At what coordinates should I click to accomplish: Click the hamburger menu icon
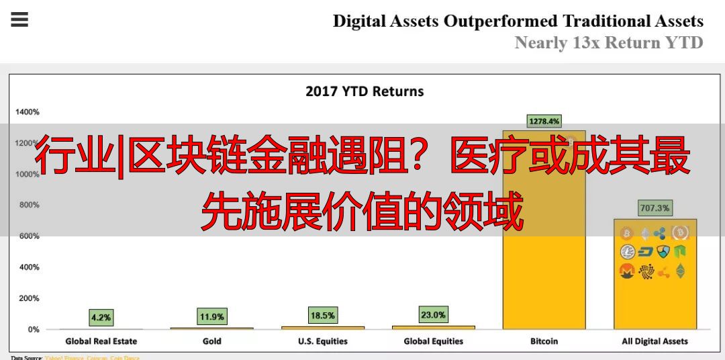pos(19,19)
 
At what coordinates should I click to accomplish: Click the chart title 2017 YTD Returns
pos(365,91)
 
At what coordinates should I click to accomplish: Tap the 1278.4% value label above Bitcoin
pos(544,122)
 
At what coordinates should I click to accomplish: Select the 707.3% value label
pos(655,208)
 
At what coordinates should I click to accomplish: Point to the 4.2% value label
pos(101,317)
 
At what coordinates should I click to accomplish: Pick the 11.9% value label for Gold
pos(211,316)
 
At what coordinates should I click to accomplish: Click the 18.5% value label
pos(323,314)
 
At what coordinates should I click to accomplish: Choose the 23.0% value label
pos(433,314)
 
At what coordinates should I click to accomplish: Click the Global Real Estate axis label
pos(101,341)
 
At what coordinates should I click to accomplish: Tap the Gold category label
pos(212,341)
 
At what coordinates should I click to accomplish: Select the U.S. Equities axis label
pos(323,341)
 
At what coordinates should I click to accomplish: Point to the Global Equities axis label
pos(434,341)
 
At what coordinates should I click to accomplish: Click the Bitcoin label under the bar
pos(544,341)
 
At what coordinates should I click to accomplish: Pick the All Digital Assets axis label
pos(655,341)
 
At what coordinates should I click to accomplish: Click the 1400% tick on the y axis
pos(28,112)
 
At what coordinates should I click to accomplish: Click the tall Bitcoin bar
pos(544,269)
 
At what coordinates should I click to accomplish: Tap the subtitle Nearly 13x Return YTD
pos(608,43)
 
